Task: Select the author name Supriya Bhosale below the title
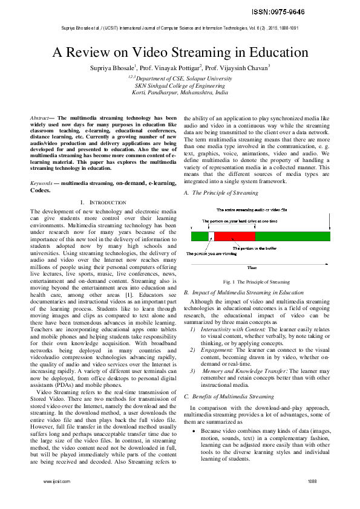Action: [114, 67]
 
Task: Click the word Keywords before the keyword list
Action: [41, 165]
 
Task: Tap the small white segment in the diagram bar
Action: [211, 236]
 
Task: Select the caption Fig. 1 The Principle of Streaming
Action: [256, 282]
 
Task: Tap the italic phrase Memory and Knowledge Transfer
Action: [237, 370]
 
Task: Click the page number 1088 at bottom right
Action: [312, 481]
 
